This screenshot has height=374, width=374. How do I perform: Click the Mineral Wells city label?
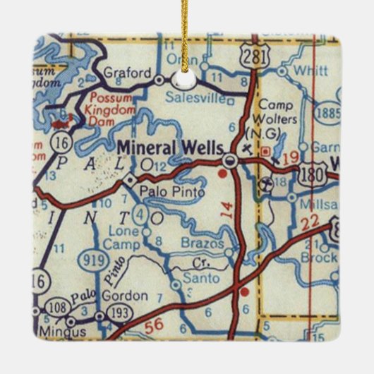tap(170, 148)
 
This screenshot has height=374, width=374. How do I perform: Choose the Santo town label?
tap(198, 279)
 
